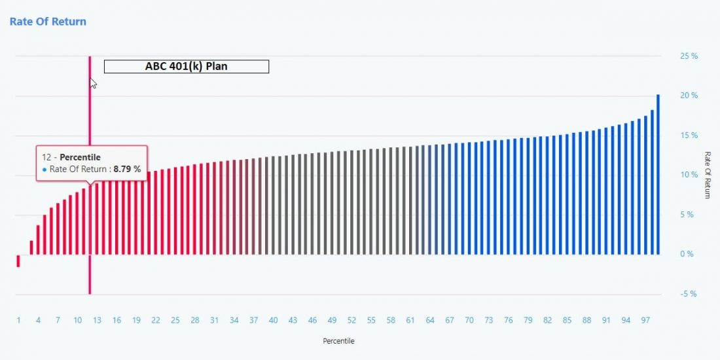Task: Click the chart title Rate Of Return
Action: pos(48,22)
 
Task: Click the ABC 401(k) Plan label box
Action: pos(187,66)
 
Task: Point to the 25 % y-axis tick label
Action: pos(689,56)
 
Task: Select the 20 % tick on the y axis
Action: pos(689,96)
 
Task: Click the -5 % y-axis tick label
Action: pos(689,294)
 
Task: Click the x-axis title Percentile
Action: pos(338,341)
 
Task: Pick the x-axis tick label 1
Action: pos(18,320)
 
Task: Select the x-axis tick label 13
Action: pos(97,320)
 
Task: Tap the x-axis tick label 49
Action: pos(332,320)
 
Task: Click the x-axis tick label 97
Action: pos(645,320)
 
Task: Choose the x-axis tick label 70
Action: pos(469,320)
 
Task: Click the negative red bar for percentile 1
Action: pos(18,261)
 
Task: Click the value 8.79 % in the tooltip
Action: pos(127,169)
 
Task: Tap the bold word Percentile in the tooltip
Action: pos(80,158)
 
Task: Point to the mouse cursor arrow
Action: pos(93,82)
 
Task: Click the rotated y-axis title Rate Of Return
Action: pos(707,175)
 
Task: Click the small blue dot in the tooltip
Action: pos(45,169)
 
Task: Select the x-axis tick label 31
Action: pos(214,320)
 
